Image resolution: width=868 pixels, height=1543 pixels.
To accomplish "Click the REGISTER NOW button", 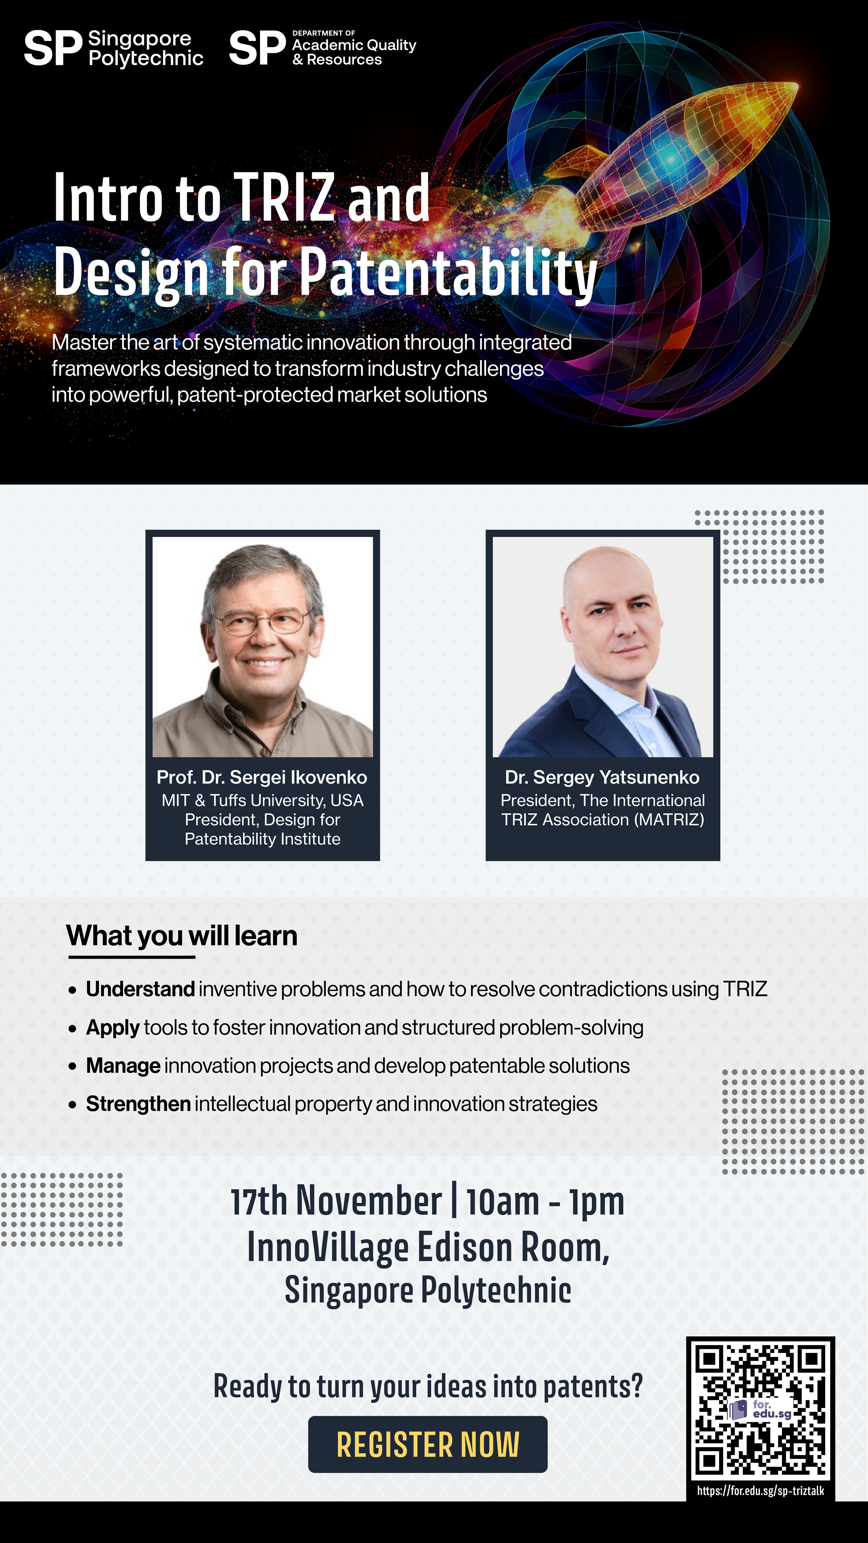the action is (x=428, y=1444).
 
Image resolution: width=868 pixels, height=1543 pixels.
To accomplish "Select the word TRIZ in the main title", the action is (x=284, y=197).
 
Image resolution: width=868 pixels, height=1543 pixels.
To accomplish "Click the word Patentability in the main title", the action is (x=448, y=273).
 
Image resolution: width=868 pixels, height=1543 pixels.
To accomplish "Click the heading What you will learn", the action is (x=181, y=935).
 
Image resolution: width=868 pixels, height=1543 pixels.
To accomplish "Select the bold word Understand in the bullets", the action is (x=140, y=989).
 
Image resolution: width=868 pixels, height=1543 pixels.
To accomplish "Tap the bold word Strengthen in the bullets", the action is (x=138, y=1104).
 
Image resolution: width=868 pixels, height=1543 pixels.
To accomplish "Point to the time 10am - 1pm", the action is (x=545, y=1201).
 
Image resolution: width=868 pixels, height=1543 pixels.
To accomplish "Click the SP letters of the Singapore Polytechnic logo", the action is (x=53, y=49).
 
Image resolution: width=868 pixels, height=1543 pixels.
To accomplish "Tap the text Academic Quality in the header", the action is (x=354, y=45).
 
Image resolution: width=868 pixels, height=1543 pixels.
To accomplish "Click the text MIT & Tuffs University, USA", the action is (x=262, y=800).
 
